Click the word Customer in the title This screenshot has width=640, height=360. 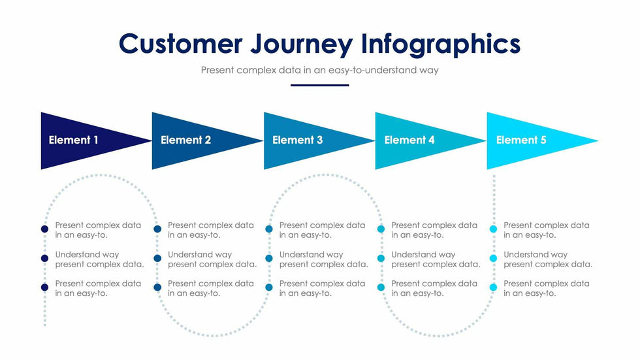(x=180, y=44)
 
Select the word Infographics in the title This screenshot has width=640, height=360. (x=441, y=44)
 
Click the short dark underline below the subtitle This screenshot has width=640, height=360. (x=320, y=85)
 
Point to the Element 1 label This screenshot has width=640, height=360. (x=74, y=140)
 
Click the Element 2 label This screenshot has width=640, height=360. (x=185, y=140)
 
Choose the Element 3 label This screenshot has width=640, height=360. (x=297, y=140)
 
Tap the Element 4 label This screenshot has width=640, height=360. (x=409, y=140)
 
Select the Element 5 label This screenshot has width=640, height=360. (x=521, y=140)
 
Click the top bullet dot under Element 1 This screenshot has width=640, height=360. (x=44, y=229)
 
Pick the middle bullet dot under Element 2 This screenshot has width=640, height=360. (x=157, y=259)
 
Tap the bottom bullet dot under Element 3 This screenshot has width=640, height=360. (x=269, y=287)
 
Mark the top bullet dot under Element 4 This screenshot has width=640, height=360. (x=381, y=229)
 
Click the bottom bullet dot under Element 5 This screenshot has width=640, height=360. (x=493, y=287)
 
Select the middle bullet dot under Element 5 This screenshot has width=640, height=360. (x=493, y=259)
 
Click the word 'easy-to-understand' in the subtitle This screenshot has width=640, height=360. (x=370, y=70)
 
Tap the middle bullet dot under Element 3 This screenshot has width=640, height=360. (x=269, y=259)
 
